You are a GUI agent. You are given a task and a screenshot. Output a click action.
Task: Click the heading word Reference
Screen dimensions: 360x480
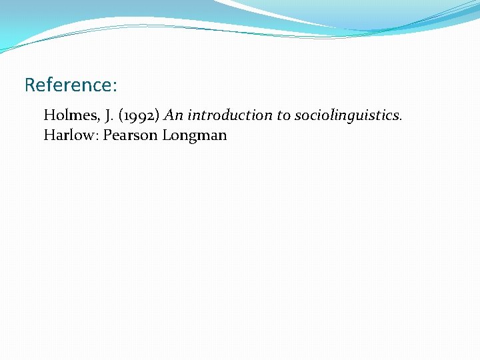coord(69,85)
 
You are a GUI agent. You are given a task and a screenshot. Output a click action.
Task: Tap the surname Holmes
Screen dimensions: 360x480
coord(67,115)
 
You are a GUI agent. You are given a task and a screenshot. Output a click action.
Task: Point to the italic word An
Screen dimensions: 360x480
coord(173,115)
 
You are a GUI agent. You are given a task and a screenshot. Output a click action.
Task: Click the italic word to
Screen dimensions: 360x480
coord(284,115)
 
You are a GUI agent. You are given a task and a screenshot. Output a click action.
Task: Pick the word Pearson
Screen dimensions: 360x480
coord(130,135)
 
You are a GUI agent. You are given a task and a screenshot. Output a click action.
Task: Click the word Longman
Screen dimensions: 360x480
coord(194,135)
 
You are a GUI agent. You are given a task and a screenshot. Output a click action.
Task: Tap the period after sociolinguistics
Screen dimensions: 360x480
coord(400,119)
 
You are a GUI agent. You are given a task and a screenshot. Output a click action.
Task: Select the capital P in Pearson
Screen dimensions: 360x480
coord(107,135)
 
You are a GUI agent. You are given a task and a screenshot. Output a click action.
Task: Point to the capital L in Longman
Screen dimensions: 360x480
coord(166,135)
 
